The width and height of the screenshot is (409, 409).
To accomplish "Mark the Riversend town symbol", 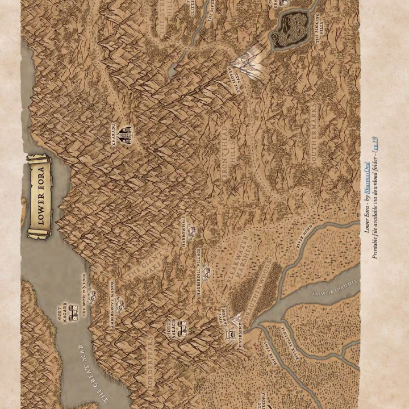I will pos(232,335).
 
